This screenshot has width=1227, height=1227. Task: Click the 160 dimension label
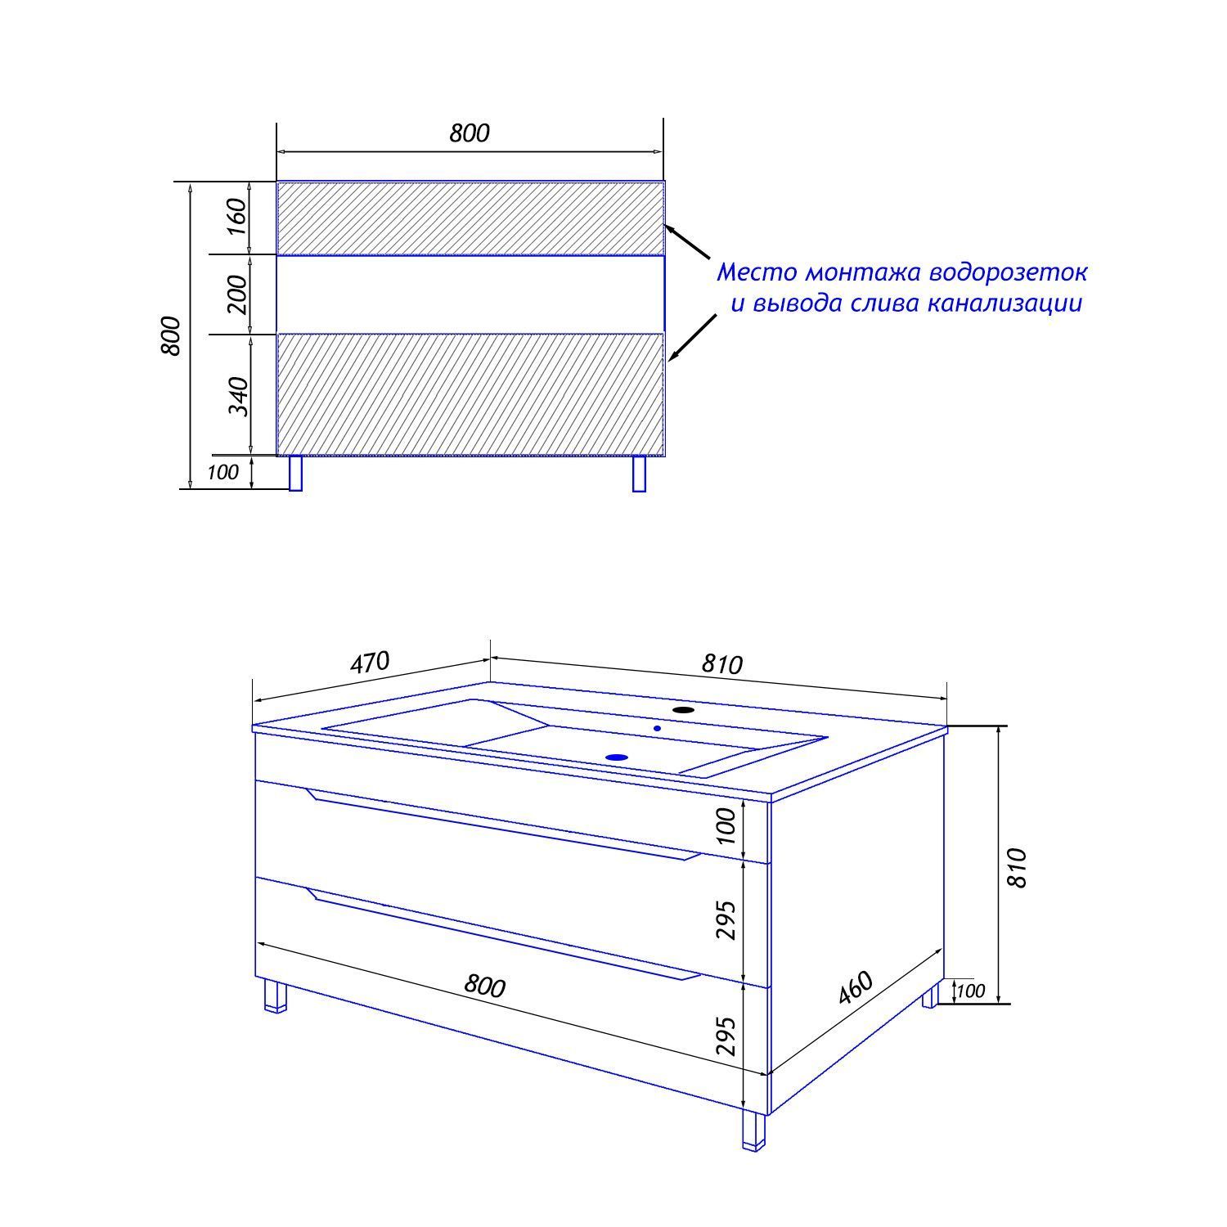[x=236, y=217]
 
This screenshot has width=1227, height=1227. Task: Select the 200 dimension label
[x=236, y=294]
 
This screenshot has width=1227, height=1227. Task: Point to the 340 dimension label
[x=236, y=395]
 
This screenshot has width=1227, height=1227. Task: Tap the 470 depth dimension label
[x=370, y=663]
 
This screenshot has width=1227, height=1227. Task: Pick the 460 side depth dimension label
[x=856, y=987]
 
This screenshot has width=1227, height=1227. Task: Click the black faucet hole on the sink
[x=682, y=709]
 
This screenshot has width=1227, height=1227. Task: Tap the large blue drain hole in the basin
[x=617, y=757]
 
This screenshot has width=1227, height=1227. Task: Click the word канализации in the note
[x=1005, y=304]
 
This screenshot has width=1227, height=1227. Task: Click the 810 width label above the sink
[x=722, y=664]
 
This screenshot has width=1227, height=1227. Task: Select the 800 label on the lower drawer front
[x=485, y=986]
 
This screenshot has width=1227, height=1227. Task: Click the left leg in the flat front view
[x=296, y=474]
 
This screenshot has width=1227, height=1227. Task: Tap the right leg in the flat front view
[x=640, y=474]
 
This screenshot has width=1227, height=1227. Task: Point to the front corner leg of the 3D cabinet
[x=753, y=1130]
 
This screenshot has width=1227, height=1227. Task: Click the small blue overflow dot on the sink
[x=657, y=727]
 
